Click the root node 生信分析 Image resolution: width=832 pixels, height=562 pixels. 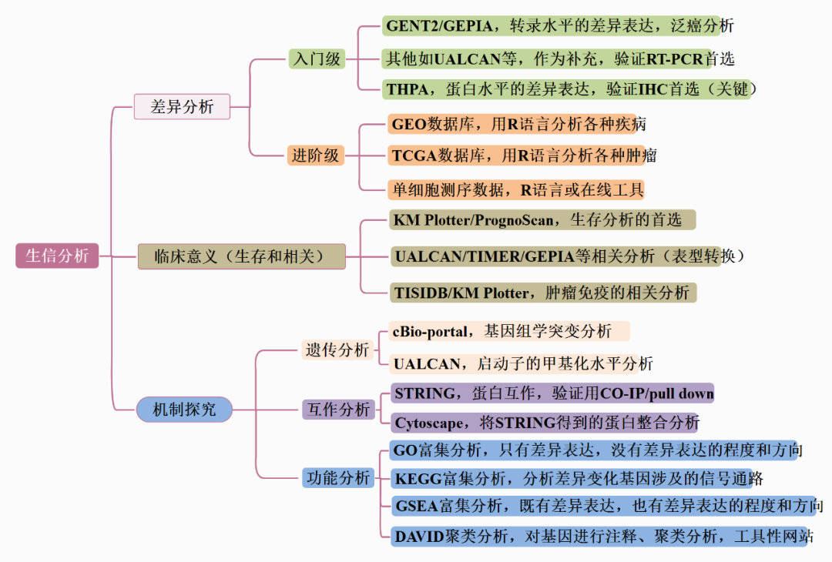pos(57,256)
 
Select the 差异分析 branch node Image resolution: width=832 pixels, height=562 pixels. pos(182,106)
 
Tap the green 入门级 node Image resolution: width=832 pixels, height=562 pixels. pos(316,59)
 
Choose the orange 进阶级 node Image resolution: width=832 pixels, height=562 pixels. pos(315,155)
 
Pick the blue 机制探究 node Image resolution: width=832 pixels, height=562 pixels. pos(184,410)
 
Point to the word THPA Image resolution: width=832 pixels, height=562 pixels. pos(408,89)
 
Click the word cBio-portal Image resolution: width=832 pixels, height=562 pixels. pos(431,331)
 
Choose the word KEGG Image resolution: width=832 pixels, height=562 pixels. pos(417,479)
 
